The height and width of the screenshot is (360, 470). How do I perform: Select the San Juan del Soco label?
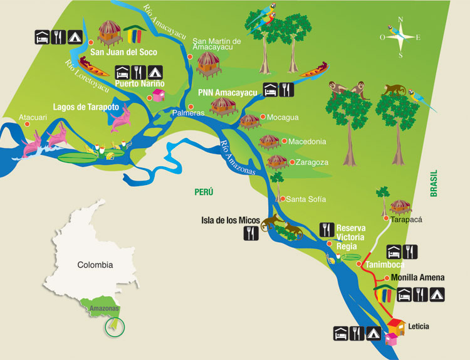click(x=123, y=52)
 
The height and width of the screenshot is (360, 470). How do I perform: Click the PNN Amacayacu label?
click(x=227, y=92)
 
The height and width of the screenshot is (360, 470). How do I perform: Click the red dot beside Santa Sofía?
click(x=282, y=199)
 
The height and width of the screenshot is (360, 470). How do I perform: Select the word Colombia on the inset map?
click(x=95, y=265)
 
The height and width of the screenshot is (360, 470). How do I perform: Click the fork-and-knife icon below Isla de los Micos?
click(x=252, y=234)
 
